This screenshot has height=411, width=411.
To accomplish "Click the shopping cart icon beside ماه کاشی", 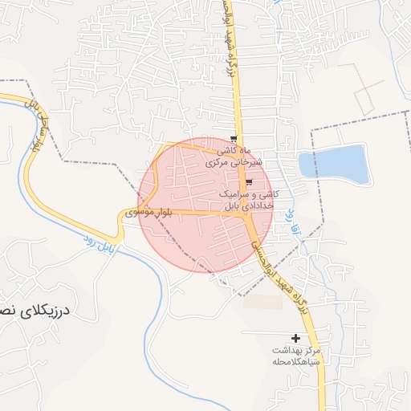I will [x=234, y=139].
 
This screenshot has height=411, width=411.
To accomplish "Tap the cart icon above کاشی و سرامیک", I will [x=249, y=183].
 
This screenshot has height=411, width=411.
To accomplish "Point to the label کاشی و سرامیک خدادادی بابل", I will [x=250, y=200].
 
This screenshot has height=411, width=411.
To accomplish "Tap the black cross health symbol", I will [x=297, y=339].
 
